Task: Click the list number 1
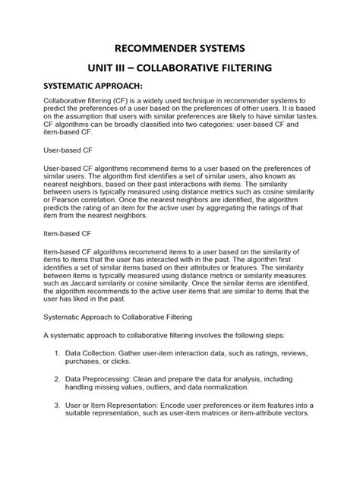tap(58, 354)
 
